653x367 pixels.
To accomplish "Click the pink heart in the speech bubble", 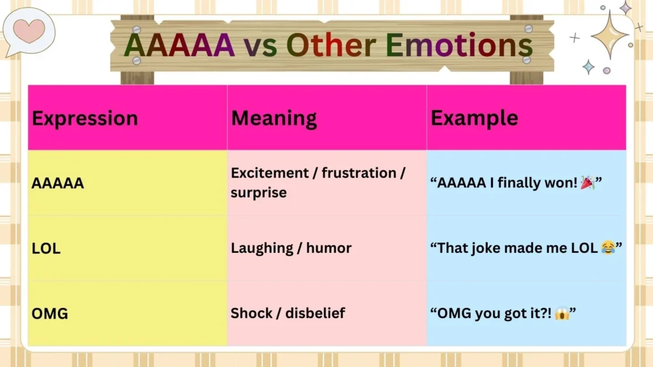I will (29, 30).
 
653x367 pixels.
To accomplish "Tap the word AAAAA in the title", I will (179, 45).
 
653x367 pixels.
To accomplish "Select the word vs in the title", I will (260, 46).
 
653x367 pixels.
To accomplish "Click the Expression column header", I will (85, 119).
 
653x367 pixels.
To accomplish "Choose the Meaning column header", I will (274, 119).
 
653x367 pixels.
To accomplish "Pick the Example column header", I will (474, 119).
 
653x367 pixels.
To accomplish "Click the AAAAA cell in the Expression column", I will (58, 184).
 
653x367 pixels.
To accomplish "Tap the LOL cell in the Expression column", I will (46, 249).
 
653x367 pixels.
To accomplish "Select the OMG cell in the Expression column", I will (50, 313).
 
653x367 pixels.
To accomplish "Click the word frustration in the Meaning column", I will (358, 173).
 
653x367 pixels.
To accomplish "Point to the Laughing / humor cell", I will (291, 248).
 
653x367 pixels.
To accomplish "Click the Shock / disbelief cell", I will (288, 313).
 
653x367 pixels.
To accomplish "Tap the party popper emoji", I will (587, 183).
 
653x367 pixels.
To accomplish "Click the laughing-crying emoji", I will (608, 248).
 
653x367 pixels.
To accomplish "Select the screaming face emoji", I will (561, 313).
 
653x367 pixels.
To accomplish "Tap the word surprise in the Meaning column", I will (259, 192).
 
